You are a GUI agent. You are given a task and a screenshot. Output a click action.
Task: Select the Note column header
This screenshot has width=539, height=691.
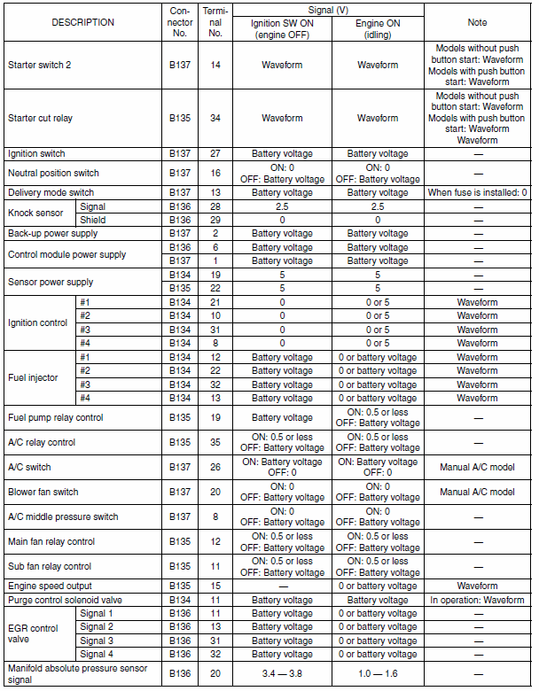click(478, 22)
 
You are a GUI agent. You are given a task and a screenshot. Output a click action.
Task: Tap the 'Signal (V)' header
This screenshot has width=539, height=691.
click(328, 9)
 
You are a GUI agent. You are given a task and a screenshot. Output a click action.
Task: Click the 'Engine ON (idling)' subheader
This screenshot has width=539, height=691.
click(378, 28)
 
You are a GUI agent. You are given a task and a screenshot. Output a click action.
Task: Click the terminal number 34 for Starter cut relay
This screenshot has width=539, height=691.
click(215, 118)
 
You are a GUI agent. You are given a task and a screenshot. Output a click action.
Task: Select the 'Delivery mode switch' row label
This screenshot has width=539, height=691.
click(51, 192)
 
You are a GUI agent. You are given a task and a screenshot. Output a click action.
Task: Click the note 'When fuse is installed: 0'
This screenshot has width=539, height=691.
click(478, 192)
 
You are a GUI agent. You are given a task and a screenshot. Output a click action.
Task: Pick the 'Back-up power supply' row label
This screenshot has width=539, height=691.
click(52, 233)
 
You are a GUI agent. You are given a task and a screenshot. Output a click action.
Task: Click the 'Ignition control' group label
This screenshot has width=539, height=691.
click(37, 322)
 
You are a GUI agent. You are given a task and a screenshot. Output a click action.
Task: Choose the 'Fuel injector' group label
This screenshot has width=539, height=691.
click(33, 377)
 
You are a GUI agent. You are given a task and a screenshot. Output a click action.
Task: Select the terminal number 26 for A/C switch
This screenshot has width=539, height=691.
click(215, 467)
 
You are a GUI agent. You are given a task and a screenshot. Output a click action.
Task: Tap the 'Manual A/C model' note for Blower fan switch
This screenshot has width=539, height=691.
click(478, 492)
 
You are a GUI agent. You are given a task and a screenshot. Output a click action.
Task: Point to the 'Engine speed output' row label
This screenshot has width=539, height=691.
click(50, 586)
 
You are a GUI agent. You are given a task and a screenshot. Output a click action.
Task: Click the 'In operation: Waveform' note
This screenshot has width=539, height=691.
click(478, 600)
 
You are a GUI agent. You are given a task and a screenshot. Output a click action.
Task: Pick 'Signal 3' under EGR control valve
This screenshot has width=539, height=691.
click(97, 641)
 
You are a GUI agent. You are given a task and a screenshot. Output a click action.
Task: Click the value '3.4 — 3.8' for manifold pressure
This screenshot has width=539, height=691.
click(282, 673)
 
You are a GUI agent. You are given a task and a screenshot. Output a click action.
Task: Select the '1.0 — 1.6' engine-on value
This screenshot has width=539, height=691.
click(378, 673)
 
